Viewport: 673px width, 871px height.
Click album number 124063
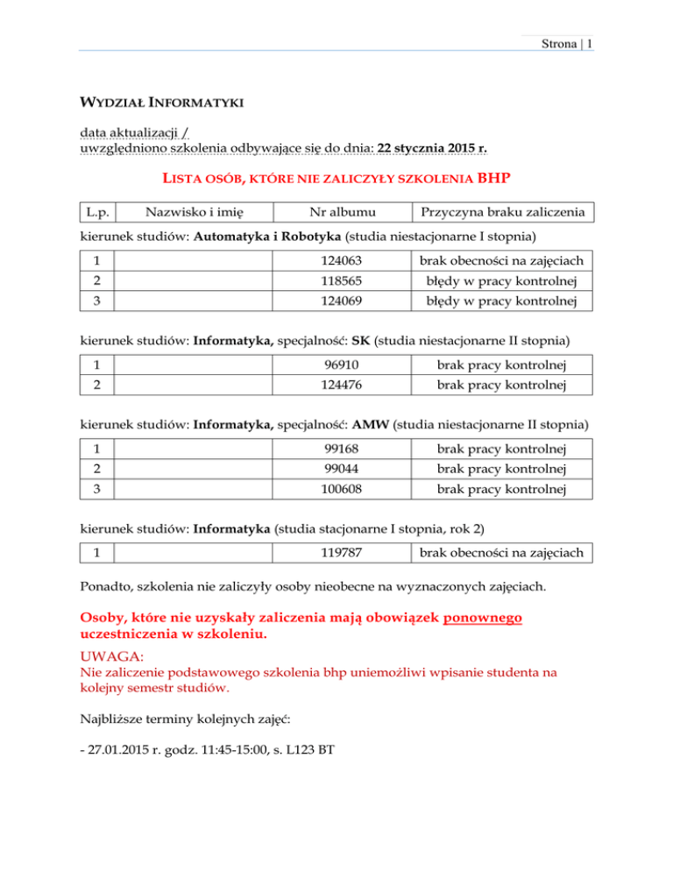(x=342, y=259)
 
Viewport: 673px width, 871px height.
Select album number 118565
(x=342, y=281)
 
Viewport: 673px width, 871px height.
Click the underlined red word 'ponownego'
(x=483, y=619)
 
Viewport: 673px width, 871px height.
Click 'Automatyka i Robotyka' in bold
(x=268, y=236)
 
